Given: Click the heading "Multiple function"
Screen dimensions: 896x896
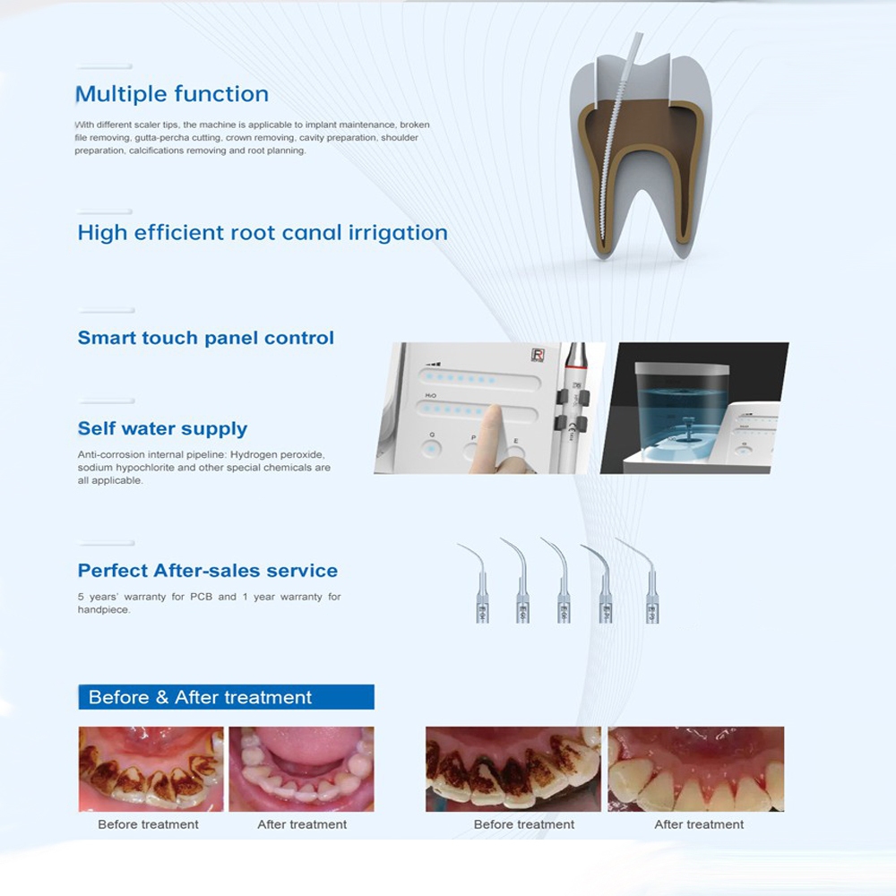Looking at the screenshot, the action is (x=172, y=94).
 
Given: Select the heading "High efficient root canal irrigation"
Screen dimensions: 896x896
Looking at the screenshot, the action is (x=263, y=233).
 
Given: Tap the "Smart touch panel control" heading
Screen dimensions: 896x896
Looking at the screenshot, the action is (x=206, y=338).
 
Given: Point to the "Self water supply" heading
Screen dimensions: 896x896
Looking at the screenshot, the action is (x=162, y=428).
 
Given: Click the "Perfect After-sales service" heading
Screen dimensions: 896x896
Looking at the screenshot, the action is (x=208, y=570).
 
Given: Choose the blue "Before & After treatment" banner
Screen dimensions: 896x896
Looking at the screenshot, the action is (x=227, y=697).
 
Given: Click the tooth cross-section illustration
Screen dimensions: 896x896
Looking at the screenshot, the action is (x=641, y=154).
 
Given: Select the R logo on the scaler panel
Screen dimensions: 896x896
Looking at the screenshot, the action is (x=538, y=354).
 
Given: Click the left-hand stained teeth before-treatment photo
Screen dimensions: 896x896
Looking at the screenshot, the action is (x=151, y=769).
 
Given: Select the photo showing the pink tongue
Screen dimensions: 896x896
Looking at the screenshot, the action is (x=302, y=769).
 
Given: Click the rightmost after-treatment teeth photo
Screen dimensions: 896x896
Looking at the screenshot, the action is (x=696, y=769).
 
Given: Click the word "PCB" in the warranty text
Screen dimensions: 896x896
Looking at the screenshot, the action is (x=201, y=597).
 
